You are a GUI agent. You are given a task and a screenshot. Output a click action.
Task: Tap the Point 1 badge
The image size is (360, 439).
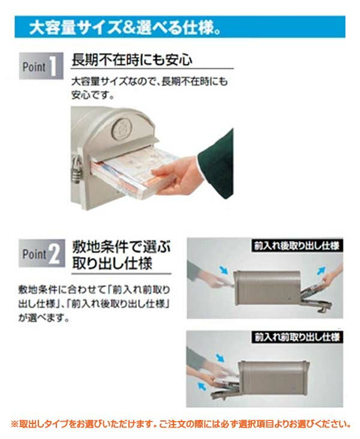[x=41, y=66]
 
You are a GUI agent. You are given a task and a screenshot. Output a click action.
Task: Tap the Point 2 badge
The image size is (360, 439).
[x=42, y=253]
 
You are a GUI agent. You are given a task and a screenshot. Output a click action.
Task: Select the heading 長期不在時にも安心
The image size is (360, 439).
[x=131, y=59]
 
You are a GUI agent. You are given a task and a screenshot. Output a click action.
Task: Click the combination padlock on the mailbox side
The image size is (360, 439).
[x=76, y=169]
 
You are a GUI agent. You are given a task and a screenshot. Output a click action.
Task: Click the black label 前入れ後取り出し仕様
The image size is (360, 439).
[x=296, y=245]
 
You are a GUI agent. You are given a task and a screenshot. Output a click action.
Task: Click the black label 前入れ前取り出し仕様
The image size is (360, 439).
[x=296, y=337]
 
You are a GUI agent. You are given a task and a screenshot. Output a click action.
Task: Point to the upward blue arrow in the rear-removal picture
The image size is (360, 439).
[x=320, y=271]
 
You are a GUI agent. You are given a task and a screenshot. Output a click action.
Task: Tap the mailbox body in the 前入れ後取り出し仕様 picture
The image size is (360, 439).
[x=266, y=287]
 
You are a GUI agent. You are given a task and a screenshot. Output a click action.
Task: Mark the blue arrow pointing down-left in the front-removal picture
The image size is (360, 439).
[x=202, y=386]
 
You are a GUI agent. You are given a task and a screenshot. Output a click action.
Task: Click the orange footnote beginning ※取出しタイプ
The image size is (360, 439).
[x=181, y=423]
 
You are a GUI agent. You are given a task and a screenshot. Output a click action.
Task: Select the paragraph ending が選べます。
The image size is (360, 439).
[x=94, y=303]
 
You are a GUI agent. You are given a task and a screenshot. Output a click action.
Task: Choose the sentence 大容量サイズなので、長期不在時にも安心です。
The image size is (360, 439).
[x=149, y=88]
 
